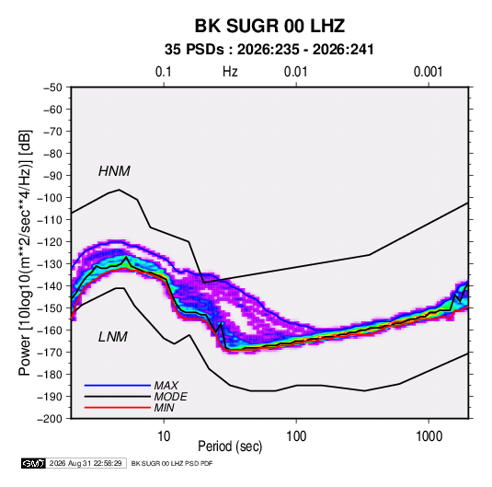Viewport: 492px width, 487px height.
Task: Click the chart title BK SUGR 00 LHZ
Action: coord(269,26)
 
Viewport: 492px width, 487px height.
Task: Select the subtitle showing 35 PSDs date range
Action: coord(269,50)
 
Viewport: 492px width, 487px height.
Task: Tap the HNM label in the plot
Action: coord(114,171)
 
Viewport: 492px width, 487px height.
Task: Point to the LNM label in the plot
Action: coord(113,337)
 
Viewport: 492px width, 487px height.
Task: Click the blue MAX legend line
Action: coord(118,385)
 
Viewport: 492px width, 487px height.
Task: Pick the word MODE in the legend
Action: coord(171,397)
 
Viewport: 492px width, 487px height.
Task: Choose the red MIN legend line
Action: coord(118,408)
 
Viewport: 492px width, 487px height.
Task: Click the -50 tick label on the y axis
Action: coord(52,87)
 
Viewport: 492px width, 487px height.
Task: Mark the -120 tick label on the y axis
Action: coord(50,242)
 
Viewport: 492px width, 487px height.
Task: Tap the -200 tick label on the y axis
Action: coord(50,419)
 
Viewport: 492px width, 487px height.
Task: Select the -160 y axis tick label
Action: coord(50,330)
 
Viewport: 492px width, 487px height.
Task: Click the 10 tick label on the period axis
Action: coord(164,436)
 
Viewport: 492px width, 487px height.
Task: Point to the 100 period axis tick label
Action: coord(296,436)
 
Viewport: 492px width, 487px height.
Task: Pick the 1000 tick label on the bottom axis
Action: coord(429,436)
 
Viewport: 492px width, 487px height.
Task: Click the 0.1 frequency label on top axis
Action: coord(164,72)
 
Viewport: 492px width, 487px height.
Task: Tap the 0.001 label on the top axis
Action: coord(428,72)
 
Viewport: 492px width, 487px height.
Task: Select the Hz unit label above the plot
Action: coord(230,72)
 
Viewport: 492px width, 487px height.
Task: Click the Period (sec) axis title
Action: coord(230,446)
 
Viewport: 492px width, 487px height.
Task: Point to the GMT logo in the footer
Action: coord(33,463)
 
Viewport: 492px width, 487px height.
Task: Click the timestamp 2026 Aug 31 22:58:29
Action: coord(86,463)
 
